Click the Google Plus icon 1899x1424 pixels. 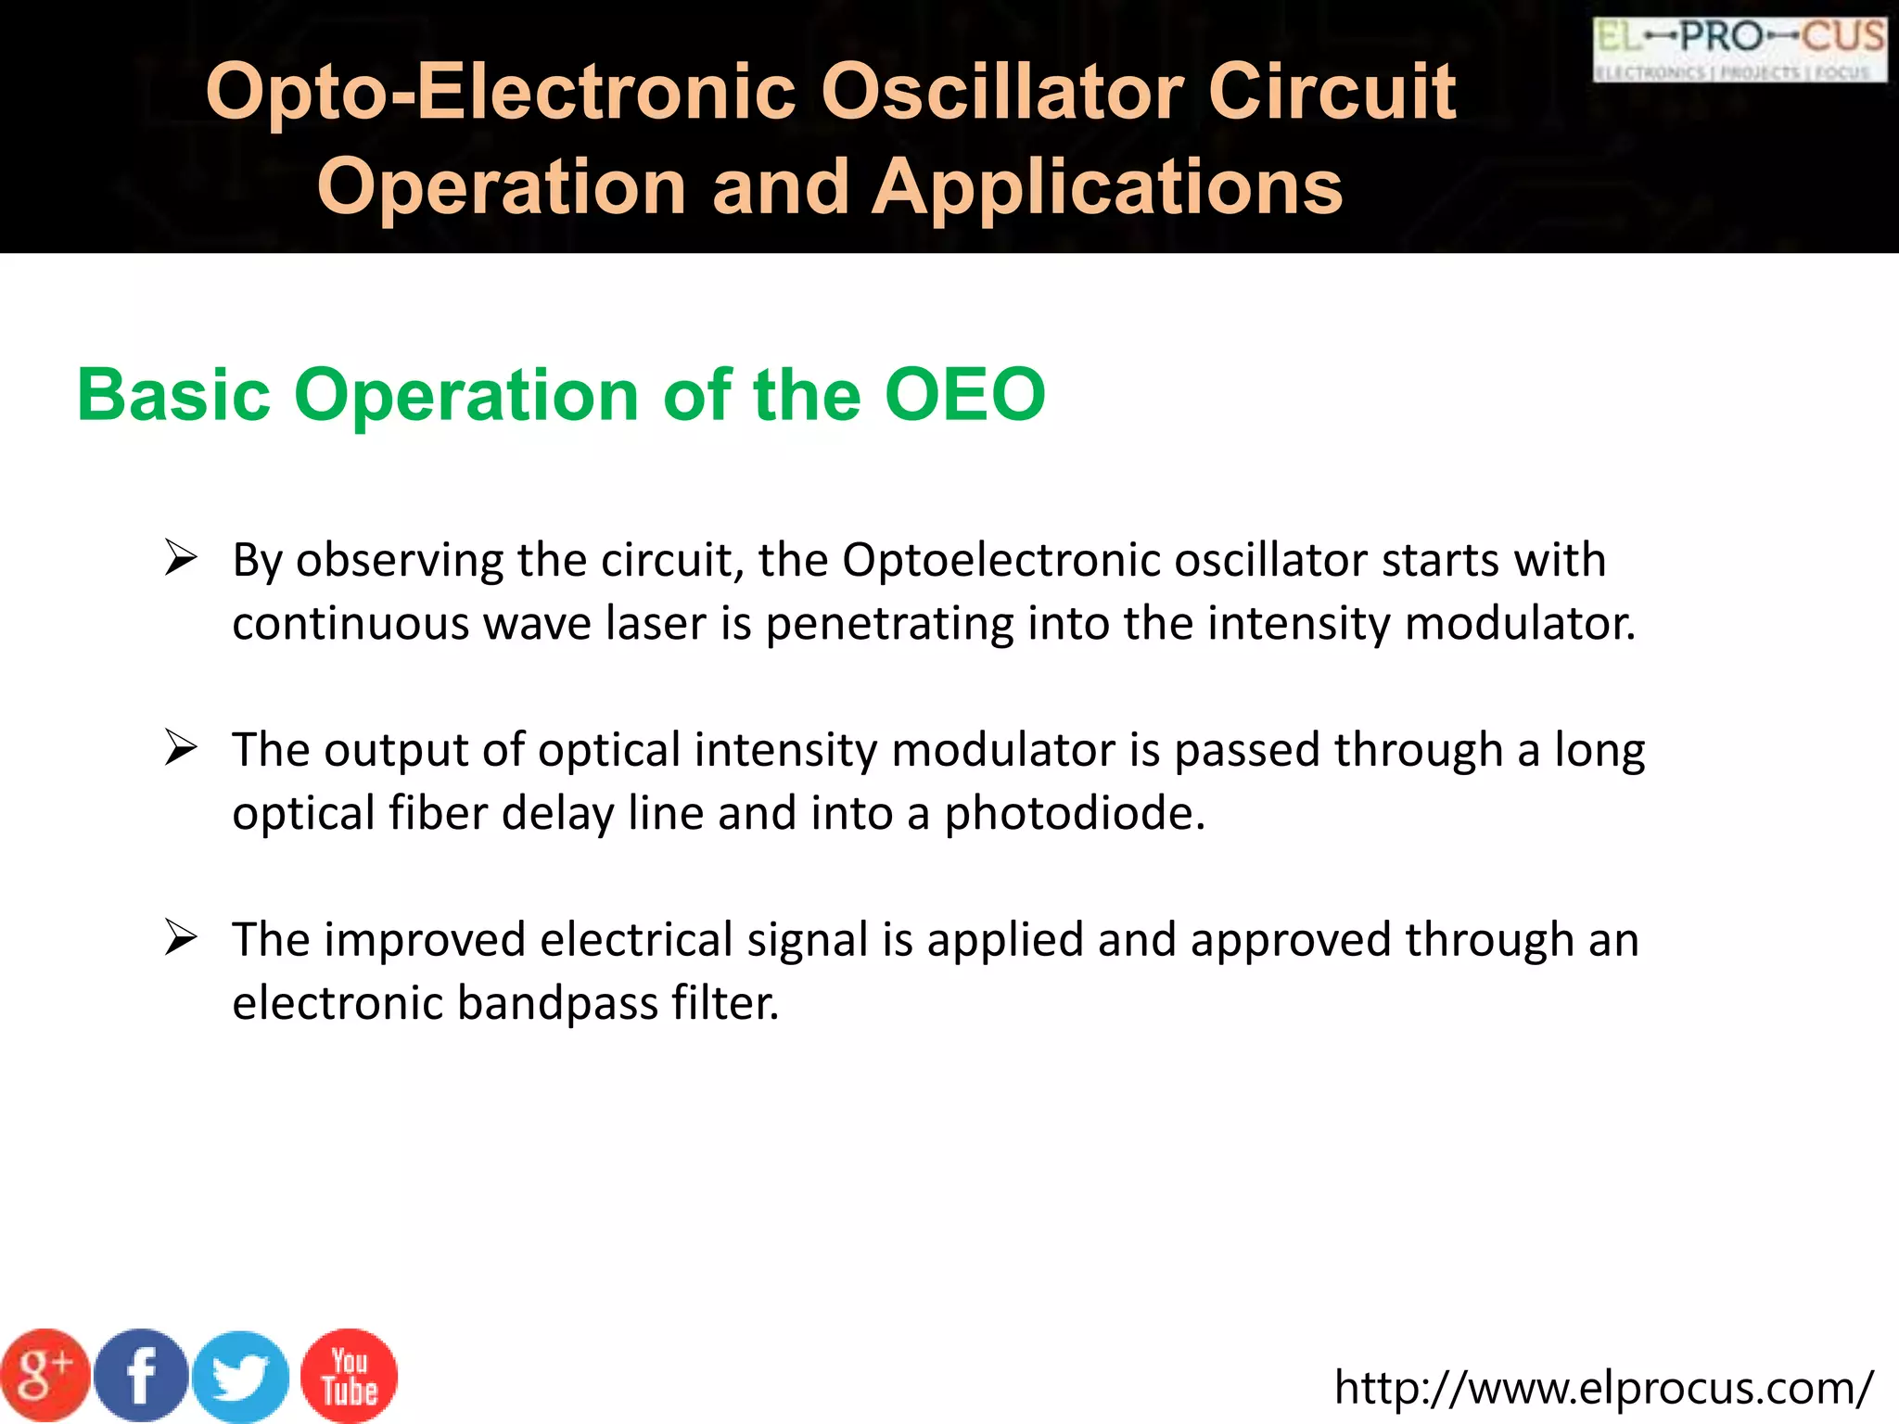coord(45,1376)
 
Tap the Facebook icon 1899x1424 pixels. coord(141,1376)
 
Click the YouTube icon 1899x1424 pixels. coord(350,1376)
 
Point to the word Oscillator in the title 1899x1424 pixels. coord(1001,92)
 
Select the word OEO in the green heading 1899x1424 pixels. coord(965,395)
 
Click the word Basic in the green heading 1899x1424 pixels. coord(173,395)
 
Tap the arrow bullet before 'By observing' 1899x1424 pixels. coord(181,558)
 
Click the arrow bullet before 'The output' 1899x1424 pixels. coord(181,748)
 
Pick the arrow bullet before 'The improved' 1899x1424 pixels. coord(181,938)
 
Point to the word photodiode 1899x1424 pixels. coord(1075,813)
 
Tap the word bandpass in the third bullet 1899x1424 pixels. coord(557,1003)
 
